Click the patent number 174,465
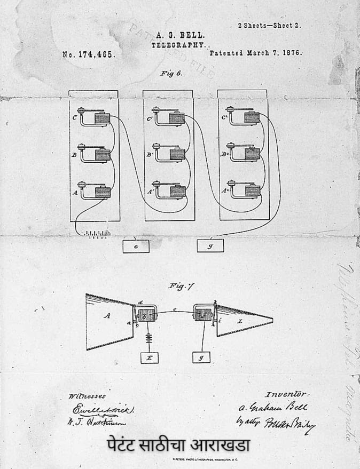pyautogui.click(x=88, y=54)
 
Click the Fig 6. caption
pyautogui.click(x=171, y=73)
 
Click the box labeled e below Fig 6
pyautogui.click(x=136, y=246)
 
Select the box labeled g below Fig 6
pyautogui.click(x=210, y=245)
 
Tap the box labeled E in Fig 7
pyautogui.click(x=150, y=358)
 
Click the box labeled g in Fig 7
pyautogui.click(x=201, y=357)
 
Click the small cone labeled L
pyautogui.click(x=243, y=321)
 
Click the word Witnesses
pyautogui.click(x=87, y=396)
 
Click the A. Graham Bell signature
pyautogui.click(x=273, y=407)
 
